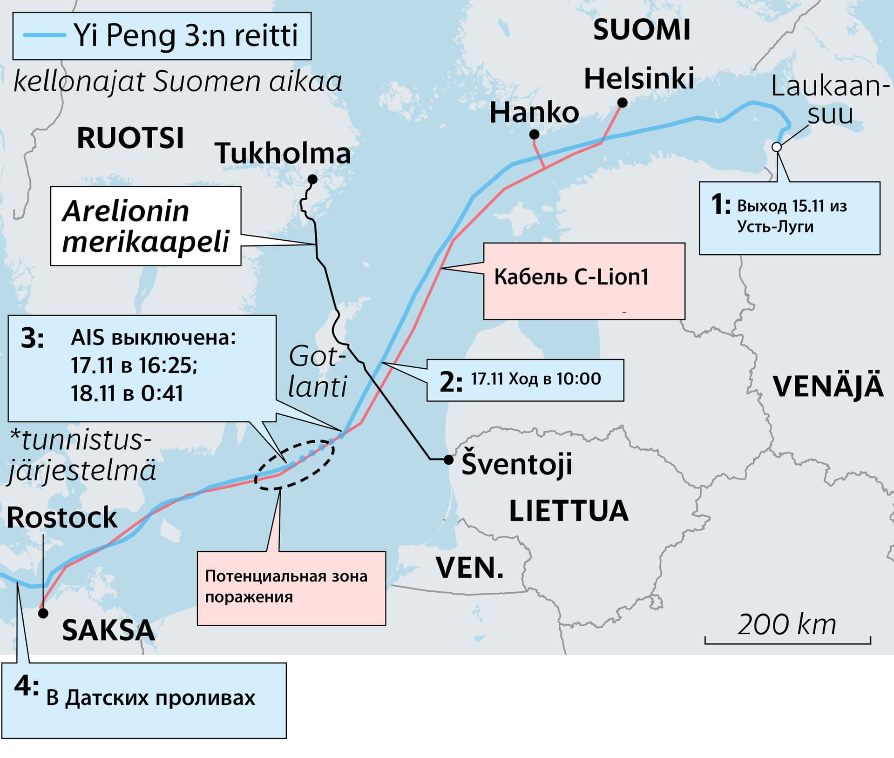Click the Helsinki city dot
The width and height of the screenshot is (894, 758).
622,102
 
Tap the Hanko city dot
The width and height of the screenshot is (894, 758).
535,135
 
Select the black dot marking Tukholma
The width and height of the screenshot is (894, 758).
313,179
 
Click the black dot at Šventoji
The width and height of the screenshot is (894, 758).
448,460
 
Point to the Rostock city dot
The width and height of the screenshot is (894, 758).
43,613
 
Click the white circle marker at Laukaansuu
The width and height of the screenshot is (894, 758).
776,147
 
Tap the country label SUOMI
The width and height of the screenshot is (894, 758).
641,30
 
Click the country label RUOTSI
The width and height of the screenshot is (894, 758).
130,138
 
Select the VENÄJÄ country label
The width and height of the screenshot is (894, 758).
828,386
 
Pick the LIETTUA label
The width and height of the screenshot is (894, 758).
569,511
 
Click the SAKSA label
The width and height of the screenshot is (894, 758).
108,630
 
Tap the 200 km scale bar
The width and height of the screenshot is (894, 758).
787,642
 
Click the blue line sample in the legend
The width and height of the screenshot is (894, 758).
45,35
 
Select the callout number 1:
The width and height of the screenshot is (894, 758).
721,205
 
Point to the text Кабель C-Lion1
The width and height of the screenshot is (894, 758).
571,277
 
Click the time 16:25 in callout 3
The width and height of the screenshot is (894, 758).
168,365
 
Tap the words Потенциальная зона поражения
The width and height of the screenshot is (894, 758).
286,586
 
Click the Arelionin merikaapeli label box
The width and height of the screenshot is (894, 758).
146,226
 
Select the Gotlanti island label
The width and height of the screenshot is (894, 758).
318,372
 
